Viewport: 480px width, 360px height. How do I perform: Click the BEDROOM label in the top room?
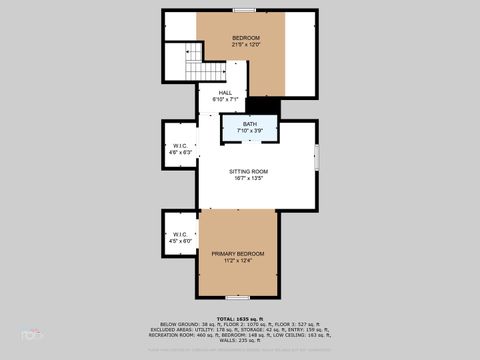point(232,38)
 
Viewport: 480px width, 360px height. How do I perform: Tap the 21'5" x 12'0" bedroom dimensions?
point(232,45)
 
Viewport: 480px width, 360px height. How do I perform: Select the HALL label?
point(226,92)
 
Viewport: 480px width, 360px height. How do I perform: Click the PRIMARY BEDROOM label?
point(238,253)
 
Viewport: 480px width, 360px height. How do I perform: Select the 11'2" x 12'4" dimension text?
point(238,261)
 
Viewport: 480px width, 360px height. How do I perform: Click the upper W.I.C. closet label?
point(181,145)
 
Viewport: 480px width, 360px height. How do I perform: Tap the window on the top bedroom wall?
point(243,10)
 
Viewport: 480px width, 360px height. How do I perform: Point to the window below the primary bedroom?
point(237,298)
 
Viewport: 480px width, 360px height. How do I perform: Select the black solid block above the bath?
point(262,106)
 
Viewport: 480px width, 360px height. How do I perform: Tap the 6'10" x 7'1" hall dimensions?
point(226,99)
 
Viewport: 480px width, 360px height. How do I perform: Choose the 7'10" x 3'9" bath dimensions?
point(249,132)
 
